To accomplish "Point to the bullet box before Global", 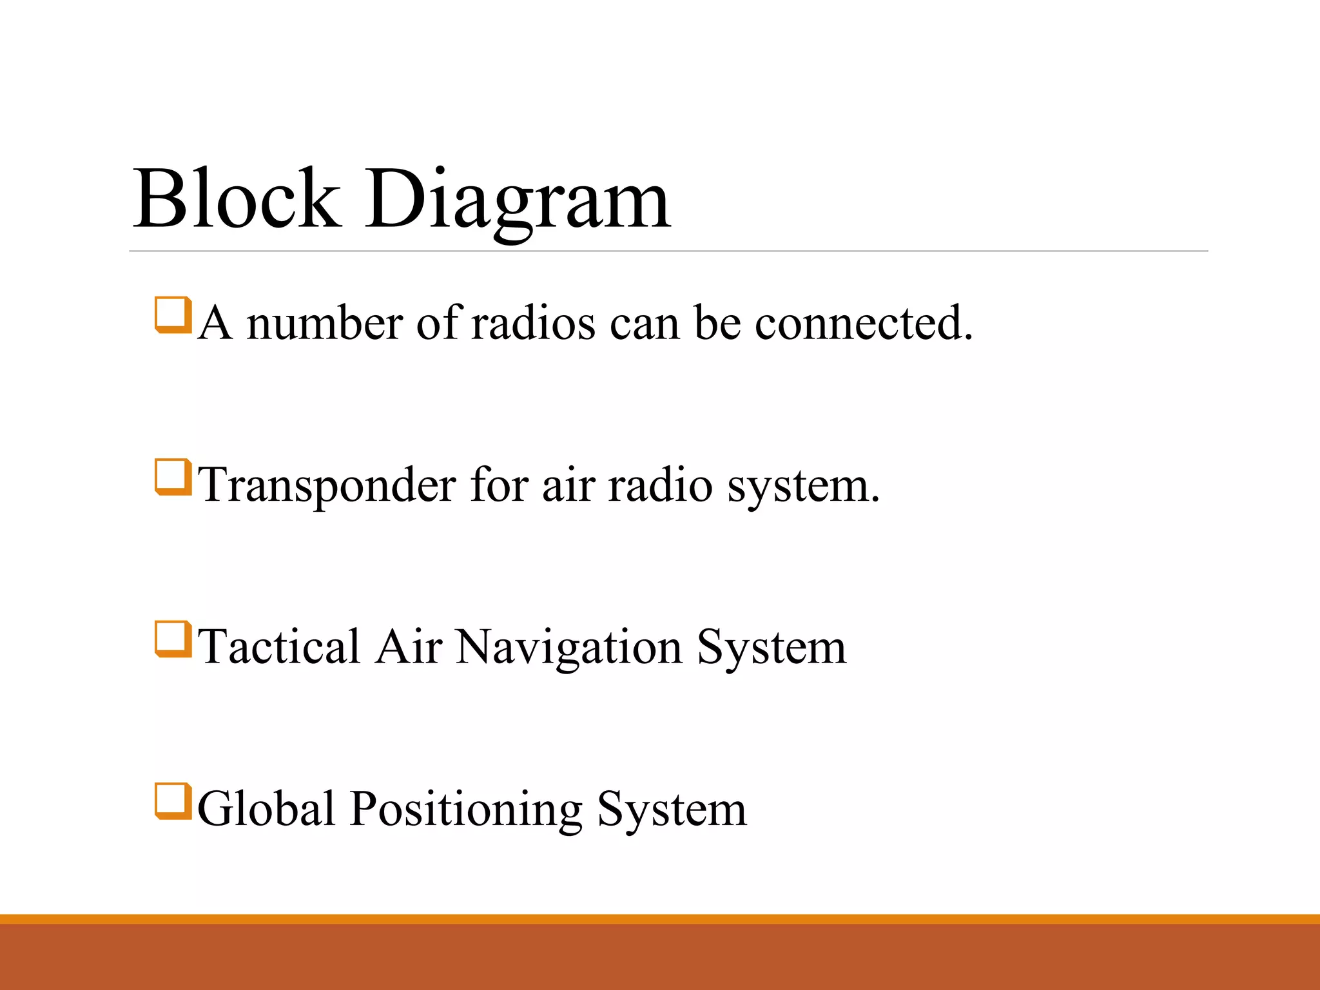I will [173, 801].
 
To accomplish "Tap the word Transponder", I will [327, 486].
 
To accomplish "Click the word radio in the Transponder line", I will [660, 485].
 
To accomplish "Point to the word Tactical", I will [278, 646].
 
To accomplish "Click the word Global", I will [266, 808].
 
